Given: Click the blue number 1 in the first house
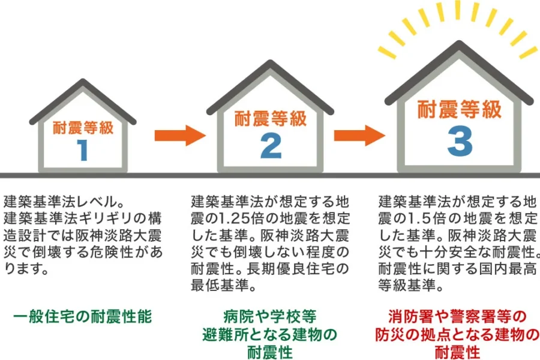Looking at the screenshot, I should tap(82, 150).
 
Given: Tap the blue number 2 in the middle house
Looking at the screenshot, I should tap(271, 145).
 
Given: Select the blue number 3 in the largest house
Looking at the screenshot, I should tap(459, 141).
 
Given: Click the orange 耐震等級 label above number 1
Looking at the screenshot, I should tap(83, 128).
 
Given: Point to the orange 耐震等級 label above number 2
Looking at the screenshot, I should tap(271, 118).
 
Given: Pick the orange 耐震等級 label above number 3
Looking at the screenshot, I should tap(459, 110).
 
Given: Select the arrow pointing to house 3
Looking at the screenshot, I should tap(359, 135).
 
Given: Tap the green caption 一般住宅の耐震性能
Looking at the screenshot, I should tap(83, 316).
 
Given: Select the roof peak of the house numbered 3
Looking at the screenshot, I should tap(459, 47).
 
